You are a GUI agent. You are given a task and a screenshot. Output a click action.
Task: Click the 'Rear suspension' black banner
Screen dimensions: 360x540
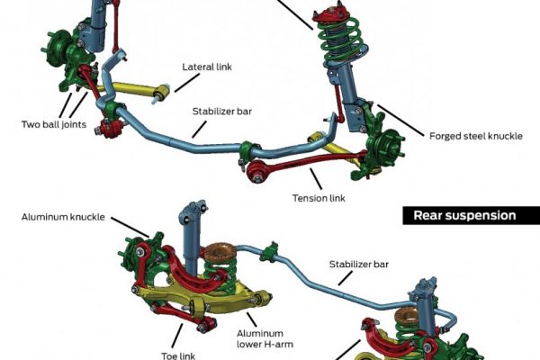click(464, 215)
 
